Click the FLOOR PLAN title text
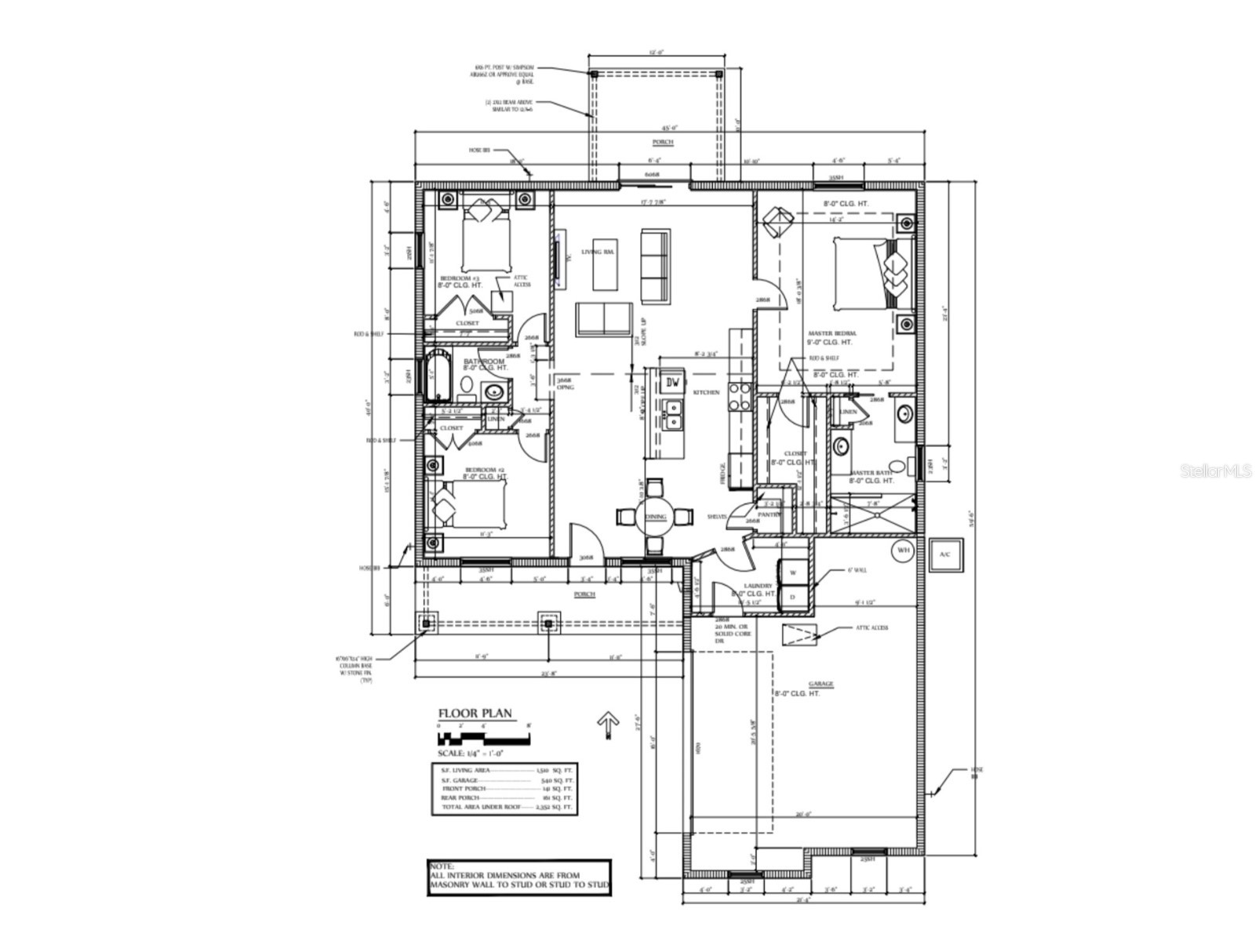(x=475, y=714)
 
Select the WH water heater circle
(x=903, y=550)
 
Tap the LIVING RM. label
(x=597, y=252)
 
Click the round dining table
(x=655, y=516)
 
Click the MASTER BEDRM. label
(x=832, y=333)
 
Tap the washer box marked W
(x=792, y=572)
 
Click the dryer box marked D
(x=792, y=598)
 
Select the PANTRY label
(x=769, y=514)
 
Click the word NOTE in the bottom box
(x=442, y=866)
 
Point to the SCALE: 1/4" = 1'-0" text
(x=470, y=753)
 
